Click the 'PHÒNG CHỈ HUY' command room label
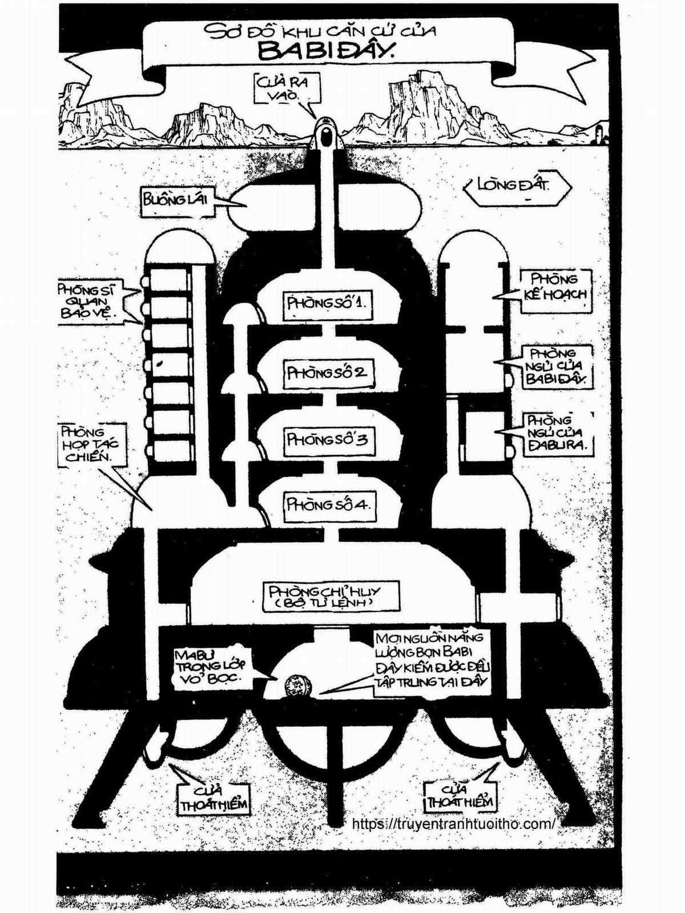click(x=331, y=596)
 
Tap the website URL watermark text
click(x=454, y=824)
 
